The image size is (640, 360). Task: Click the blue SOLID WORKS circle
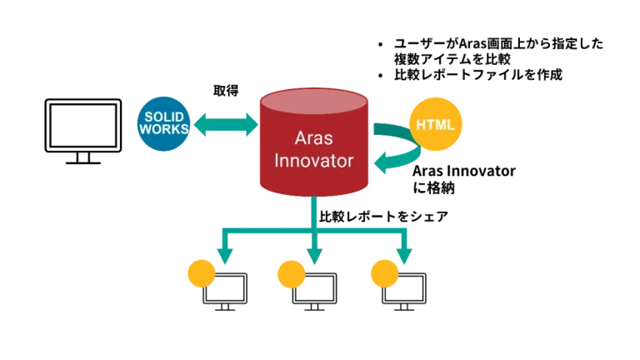(163, 125)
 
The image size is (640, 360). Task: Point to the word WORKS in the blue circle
(163, 130)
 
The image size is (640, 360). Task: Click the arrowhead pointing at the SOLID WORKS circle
(200, 126)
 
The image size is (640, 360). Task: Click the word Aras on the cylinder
(313, 137)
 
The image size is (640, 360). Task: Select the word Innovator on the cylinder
(313, 161)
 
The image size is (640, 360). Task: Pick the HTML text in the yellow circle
(435, 125)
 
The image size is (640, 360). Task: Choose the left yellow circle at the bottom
(201, 273)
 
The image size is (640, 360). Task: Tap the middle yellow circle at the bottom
(291, 273)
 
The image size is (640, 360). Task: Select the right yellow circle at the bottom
(384, 273)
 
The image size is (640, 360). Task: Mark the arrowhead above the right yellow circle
(404, 252)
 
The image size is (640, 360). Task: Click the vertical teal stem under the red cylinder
(314, 212)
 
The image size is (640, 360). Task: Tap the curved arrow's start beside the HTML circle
(385, 128)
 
